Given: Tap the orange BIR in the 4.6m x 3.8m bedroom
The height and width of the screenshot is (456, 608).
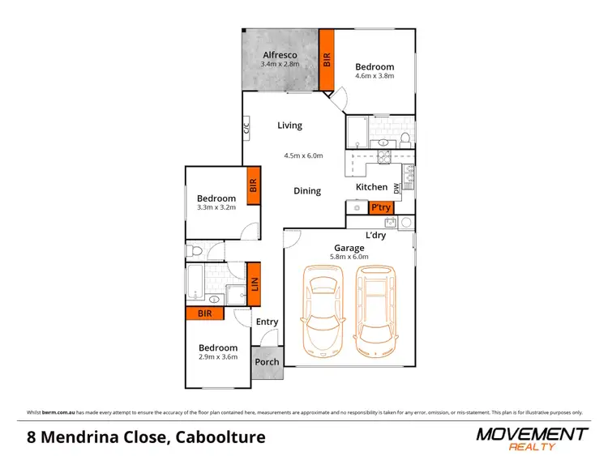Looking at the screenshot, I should pos(327,61).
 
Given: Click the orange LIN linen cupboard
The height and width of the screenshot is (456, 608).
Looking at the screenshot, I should pos(254,284).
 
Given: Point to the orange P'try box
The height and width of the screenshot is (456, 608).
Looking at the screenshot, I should pos(381,208).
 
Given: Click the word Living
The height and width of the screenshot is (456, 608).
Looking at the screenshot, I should pos(289,126).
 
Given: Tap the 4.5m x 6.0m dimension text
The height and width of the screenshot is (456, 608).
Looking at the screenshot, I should pos(303,156).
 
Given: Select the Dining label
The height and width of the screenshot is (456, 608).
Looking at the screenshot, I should pos(307,191).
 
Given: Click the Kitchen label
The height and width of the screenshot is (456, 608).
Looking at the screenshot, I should pos(372,187).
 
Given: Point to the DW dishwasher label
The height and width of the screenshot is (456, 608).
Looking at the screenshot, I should pos(397,188).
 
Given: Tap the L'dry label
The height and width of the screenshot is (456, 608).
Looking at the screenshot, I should pos(376,235).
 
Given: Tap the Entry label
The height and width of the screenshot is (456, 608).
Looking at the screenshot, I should pos(267,322).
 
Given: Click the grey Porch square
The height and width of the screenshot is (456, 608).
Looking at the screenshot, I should pos(268,362).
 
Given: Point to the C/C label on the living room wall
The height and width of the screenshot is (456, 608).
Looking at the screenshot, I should pos(246,127).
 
